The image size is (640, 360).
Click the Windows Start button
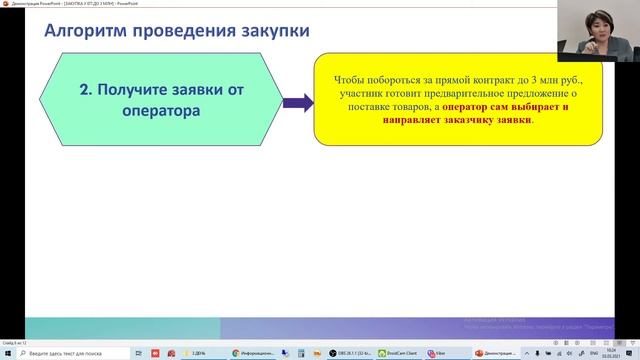coord(8,353)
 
